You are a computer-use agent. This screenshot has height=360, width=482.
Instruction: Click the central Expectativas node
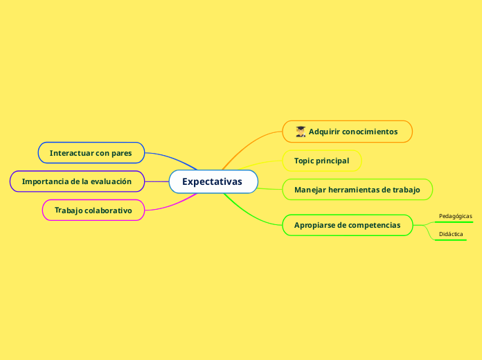(x=213, y=181)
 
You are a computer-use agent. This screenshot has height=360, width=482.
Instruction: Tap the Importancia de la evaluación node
(x=77, y=181)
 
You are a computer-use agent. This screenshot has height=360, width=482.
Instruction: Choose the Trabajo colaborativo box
(x=93, y=209)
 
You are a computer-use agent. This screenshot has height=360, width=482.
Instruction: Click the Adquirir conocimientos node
(x=348, y=132)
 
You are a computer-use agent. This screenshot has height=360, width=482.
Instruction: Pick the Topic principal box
(x=322, y=161)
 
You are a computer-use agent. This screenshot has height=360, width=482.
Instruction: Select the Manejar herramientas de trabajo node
(x=357, y=189)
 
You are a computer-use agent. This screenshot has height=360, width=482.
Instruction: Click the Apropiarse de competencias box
(x=348, y=225)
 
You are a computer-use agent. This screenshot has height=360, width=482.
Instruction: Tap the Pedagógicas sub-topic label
(x=456, y=216)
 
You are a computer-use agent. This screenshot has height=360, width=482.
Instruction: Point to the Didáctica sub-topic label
(x=452, y=234)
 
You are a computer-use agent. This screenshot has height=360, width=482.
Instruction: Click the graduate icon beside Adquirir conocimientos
(x=301, y=132)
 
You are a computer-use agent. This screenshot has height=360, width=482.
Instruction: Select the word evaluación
(x=111, y=181)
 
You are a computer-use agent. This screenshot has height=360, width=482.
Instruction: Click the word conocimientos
(x=370, y=132)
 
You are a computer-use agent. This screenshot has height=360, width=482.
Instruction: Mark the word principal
(x=332, y=161)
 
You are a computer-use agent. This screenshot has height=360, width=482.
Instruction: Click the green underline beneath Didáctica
(x=451, y=240)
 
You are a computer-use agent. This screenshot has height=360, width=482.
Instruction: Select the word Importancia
(x=46, y=181)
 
